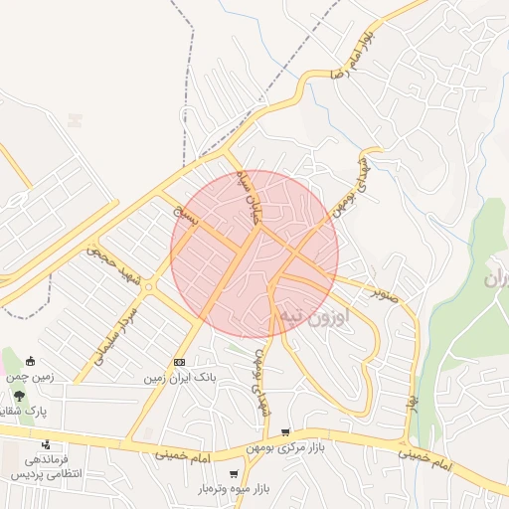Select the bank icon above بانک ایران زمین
pos(179,363)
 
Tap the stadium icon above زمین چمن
pos(31,362)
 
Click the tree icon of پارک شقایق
pos(19,397)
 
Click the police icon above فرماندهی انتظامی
pos(46,443)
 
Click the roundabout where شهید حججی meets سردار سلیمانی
pos(148,286)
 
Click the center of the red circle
pos(254,254)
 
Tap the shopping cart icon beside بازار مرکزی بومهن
pos(286,432)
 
